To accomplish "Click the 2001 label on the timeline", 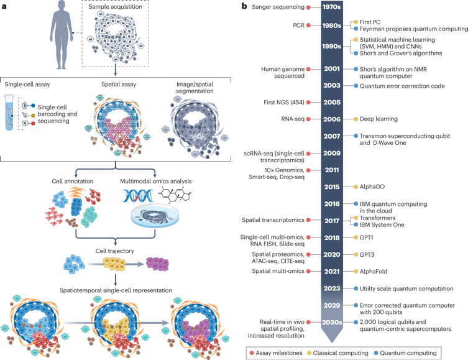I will pos(331,69).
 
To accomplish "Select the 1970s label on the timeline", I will pos(331,7).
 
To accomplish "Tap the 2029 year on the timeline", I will pos(331,305).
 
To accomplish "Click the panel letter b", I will pos(245,6).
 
